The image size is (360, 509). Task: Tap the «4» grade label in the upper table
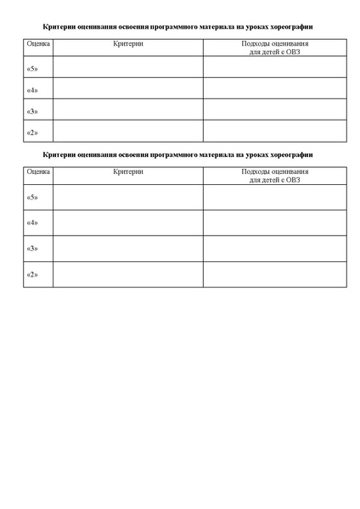[33, 90]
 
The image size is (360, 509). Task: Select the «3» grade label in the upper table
[33, 111]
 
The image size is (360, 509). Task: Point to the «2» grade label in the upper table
[33, 132]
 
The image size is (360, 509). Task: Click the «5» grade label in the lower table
[33, 198]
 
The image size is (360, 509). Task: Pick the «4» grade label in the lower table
[33, 223]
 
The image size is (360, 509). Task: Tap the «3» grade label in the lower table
[33, 249]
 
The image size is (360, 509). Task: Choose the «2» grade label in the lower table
[33, 274]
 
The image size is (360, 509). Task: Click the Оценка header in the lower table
[37, 171]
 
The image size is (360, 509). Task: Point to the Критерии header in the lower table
[127, 171]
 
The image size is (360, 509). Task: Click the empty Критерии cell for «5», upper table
[127, 67]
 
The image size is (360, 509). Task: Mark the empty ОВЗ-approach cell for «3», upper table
[275, 109]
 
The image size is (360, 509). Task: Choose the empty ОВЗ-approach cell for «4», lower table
[275, 222]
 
